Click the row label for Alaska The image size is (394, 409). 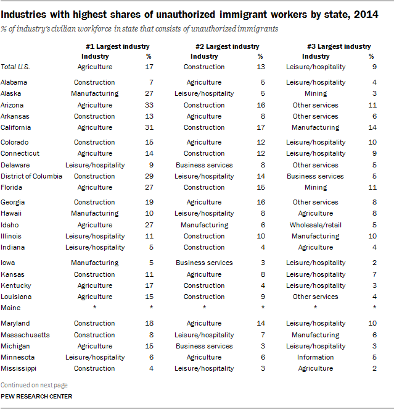tap(10, 93)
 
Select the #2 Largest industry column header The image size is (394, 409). tap(227, 47)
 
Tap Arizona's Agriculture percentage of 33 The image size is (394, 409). tap(149, 105)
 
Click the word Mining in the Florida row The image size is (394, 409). tap(316, 188)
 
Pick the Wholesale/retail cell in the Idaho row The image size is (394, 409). tap(316, 225)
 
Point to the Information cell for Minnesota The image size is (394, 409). tap(316, 357)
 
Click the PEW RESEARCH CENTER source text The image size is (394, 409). tap(36, 397)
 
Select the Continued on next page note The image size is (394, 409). tap(34, 385)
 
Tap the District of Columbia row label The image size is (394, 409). tap(31, 176)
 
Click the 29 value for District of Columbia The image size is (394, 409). tap(149, 176)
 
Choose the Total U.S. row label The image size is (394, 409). tap(15, 67)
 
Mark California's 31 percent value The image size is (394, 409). tap(149, 127)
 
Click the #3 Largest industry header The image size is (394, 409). tap(339, 47)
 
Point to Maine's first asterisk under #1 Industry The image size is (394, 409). tap(95, 307)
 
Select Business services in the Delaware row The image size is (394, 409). tap(204, 165)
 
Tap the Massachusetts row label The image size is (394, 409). tap(25, 335)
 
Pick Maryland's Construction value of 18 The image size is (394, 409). tap(149, 324)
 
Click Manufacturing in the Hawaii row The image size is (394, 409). tap(95, 213)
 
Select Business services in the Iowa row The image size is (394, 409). tap(204, 263)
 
